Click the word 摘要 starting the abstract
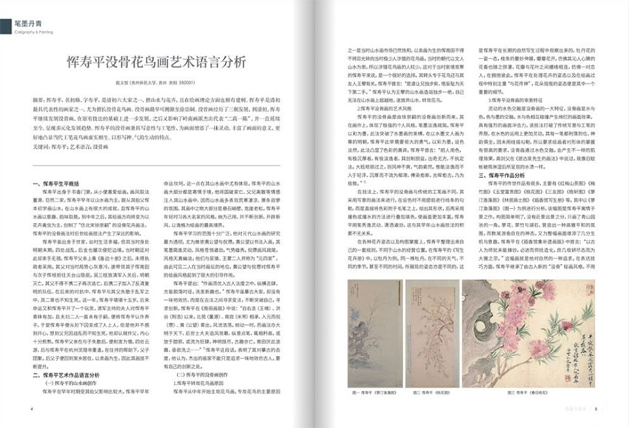coord(39,99)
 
